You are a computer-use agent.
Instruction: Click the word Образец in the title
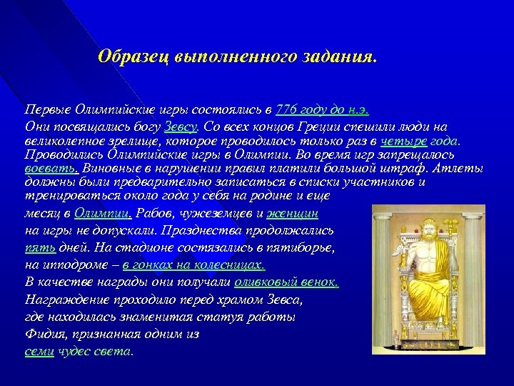click(132, 56)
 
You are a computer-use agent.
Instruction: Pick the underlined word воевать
click(52, 169)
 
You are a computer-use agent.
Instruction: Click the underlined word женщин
click(293, 213)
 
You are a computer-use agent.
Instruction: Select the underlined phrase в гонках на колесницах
click(193, 264)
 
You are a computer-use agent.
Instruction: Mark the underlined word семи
click(39, 351)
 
